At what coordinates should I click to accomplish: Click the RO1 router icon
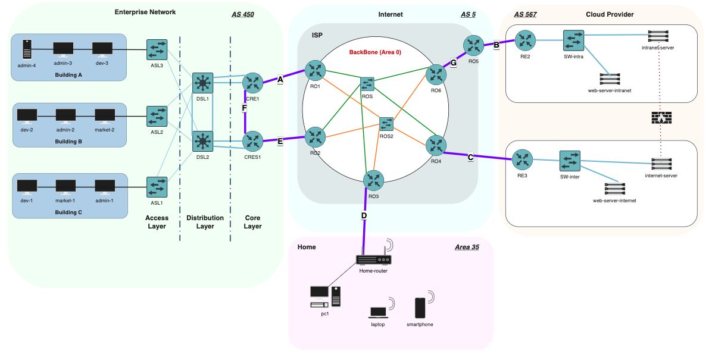(315, 70)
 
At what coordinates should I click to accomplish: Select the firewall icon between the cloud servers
(661, 118)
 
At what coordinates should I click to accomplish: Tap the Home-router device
(373, 259)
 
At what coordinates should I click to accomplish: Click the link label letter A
(280, 79)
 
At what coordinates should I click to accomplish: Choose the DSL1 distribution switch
(203, 83)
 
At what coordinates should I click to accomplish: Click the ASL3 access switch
(157, 50)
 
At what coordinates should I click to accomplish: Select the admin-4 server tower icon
(27, 49)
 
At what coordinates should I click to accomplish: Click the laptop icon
(377, 312)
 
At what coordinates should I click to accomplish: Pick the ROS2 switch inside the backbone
(386, 124)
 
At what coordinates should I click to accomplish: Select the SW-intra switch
(573, 40)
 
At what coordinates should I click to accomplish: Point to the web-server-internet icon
(614, 189)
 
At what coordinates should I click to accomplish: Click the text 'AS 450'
(242, 14)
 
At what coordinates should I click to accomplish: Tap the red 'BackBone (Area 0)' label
(375, 52)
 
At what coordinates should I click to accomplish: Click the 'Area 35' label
(466, 246)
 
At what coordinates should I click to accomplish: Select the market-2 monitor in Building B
(105, 115)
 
